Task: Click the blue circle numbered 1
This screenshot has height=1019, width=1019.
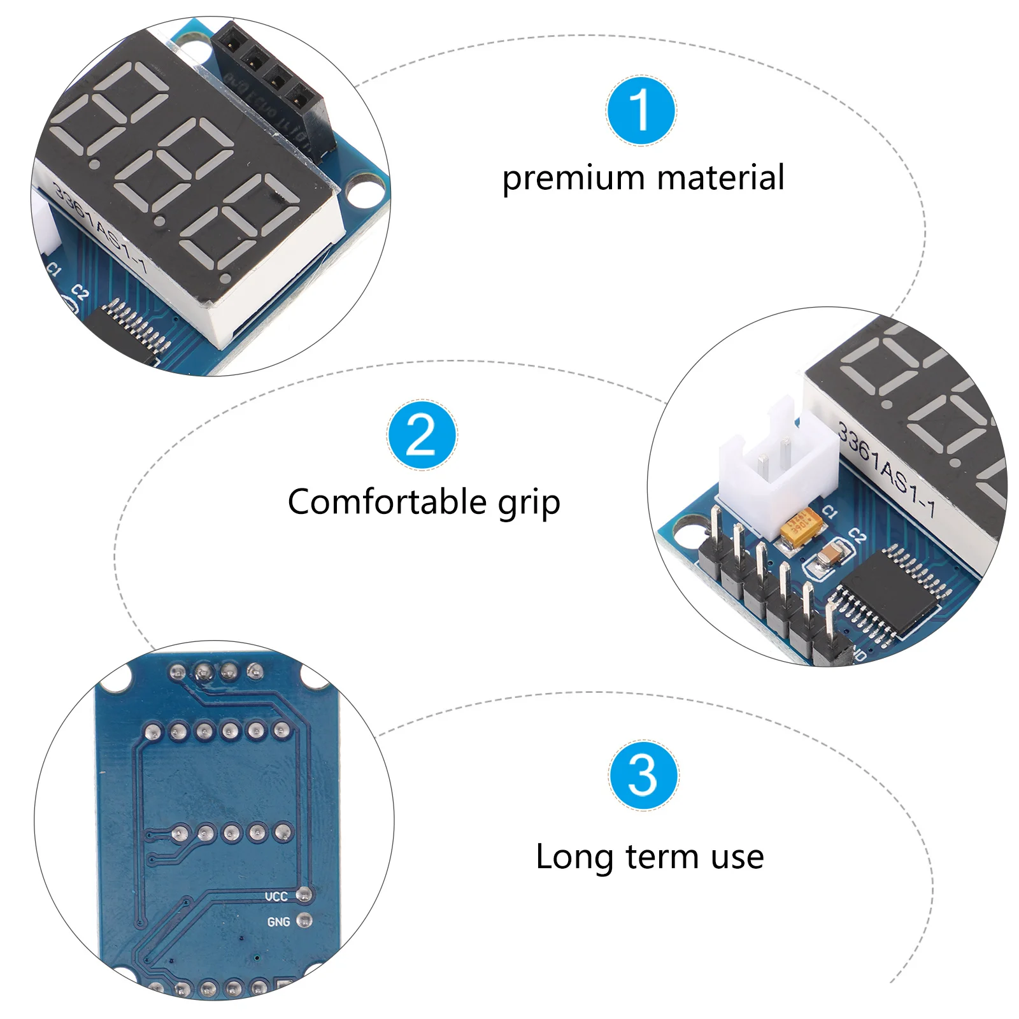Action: pos(641,110)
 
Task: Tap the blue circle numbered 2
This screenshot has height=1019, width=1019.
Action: pos(422,435)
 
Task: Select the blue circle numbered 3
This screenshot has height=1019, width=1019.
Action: pos(643,775)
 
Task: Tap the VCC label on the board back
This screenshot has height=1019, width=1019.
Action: pos(276,897)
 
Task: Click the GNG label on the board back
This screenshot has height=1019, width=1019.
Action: pos(278,922)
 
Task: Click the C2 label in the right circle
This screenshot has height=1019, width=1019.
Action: pos(857,535)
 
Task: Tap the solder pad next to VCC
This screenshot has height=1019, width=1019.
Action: pos(305,895)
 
